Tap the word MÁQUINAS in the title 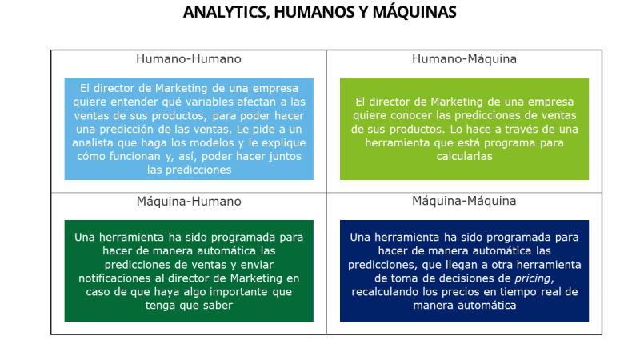coord(414,12)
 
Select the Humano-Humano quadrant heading coord(189,58)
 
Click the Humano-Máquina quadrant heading coord(464,58)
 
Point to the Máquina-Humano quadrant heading coord(189,201)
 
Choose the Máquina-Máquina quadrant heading coord(464,201)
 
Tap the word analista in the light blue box coord(93,143)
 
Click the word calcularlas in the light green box coord(464,156)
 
